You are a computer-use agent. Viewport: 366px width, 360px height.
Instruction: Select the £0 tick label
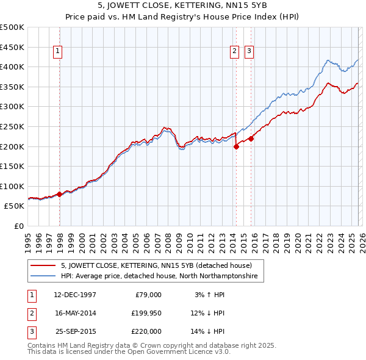[x=20, y=226]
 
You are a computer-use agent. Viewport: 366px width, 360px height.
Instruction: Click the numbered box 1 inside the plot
[x=58, y=52]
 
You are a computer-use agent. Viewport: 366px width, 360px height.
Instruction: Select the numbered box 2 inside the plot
[x=234, y=52]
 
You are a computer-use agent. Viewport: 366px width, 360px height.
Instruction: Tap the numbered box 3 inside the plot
[x=249, y=52]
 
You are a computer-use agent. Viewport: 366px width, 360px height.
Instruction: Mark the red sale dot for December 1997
[x=60, y=194]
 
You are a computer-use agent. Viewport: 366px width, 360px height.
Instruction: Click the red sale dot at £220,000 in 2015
[x=251, y=139]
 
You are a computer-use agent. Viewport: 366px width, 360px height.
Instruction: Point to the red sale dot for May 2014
[x=236, y=146]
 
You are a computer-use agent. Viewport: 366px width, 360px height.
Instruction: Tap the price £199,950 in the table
[x=146, y=313]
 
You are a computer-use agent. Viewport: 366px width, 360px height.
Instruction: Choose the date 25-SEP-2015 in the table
[x=75, y=331]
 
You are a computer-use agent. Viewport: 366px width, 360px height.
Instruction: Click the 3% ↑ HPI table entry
[x=209, y=295]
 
